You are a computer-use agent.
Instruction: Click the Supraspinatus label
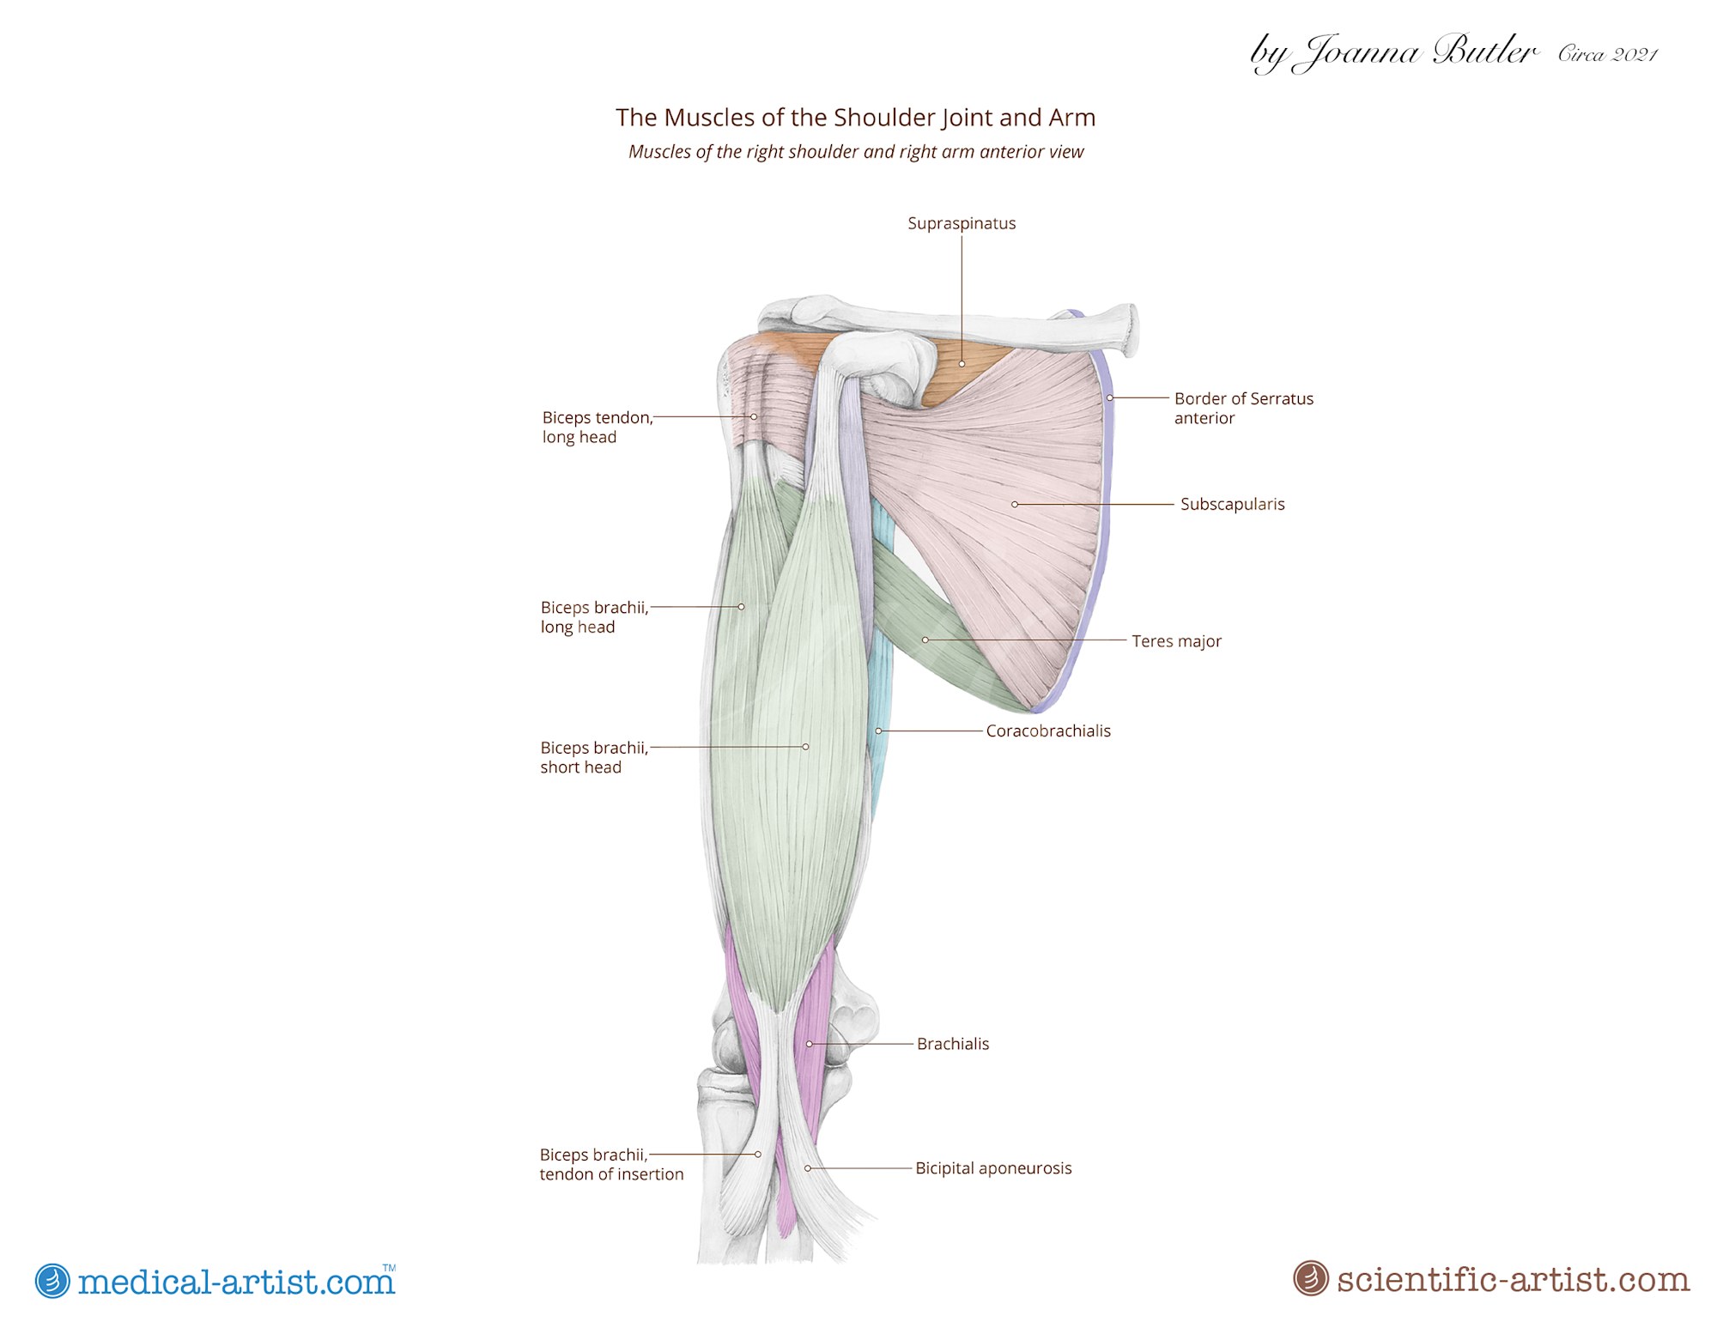click(962, 223)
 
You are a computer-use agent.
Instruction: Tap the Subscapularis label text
click(1232, 504)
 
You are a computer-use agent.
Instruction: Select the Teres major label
click(1176, 641)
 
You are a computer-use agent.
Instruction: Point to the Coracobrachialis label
click(1048, 731)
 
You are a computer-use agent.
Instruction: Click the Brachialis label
click(953, 1044)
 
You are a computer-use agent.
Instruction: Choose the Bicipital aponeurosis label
click(993, 1168)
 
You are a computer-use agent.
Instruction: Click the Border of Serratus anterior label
click(1244, 409)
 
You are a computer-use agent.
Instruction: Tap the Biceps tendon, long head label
click(598, 428)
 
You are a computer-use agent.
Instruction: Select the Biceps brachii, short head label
click(594, 757)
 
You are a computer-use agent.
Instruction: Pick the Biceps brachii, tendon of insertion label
click(611, 1164)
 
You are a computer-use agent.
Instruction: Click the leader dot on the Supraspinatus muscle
click(962, 364)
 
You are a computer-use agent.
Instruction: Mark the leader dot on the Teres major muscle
click(925, 640)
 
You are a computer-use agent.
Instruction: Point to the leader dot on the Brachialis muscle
click(809, 1044)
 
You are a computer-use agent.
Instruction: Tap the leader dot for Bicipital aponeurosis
click(808, 1168)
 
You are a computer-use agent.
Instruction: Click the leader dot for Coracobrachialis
click(878, 731)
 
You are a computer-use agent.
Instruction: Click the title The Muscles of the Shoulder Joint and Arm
click(856, 118)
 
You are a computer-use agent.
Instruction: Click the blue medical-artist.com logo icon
click(52, 1281)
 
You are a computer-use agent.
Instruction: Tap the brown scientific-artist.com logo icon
click(1310, 1278)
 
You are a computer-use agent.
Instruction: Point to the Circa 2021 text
click(1608, 54)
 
